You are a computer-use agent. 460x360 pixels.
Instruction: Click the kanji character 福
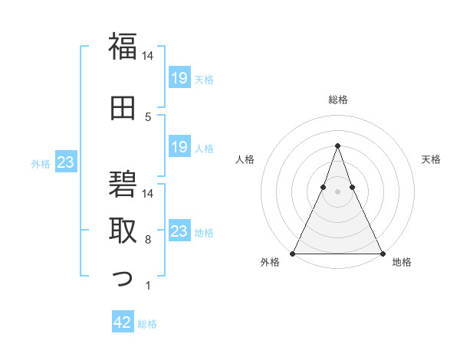point(123,47)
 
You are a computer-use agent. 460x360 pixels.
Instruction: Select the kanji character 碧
point(123,185)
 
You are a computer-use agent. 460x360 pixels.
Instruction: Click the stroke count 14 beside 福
point(148,56)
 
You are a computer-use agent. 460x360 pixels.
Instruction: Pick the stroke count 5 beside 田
point(148,116)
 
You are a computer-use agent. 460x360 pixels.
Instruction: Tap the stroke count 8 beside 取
point(148,240)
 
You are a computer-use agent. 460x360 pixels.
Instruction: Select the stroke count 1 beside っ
point(148,286)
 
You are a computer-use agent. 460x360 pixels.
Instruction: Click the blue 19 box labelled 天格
point(179,77)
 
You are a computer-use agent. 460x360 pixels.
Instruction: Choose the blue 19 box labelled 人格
point(179,147)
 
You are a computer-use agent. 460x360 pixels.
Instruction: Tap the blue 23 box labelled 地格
point(179,231)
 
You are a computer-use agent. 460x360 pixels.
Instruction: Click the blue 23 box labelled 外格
point(65,162)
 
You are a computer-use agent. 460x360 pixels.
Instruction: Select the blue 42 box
point(123,323)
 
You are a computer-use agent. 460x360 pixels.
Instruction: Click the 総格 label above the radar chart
point(337,100)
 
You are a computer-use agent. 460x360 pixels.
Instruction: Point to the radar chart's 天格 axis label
point(432,159)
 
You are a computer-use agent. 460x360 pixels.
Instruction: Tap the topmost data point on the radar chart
point(337,145)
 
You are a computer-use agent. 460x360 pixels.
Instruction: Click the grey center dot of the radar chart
point(337,192)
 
